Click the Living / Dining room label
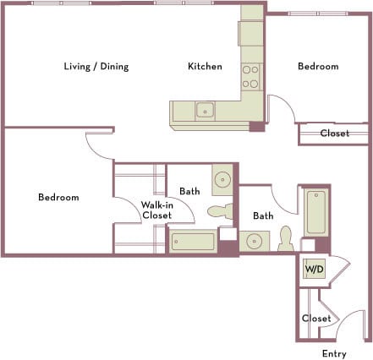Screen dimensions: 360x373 96,66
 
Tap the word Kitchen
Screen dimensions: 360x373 205,66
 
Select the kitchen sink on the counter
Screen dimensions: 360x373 205,109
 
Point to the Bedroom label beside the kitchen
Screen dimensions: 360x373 318,66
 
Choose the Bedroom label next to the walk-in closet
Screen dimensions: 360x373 58,198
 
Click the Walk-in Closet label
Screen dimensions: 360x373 156,210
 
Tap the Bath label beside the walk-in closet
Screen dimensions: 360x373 189,192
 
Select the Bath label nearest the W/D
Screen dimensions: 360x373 263,215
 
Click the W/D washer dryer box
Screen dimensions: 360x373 314,270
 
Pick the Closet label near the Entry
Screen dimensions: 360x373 315,319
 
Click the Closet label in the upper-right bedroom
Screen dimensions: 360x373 334,134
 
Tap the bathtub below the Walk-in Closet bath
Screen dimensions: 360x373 192,242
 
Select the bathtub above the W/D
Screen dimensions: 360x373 315,212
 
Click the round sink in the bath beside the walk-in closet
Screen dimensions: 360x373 222,180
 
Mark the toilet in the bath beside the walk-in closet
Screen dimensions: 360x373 219,211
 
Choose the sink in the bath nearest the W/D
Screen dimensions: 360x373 254,242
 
